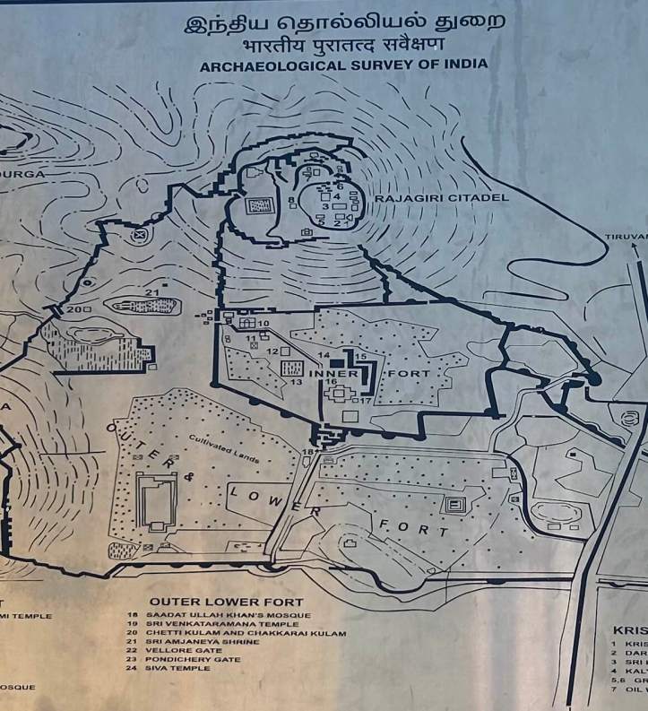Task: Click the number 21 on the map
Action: (151, 293)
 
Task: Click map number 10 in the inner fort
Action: (264, 323)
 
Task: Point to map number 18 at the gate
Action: (307, 451)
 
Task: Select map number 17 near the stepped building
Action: (365, 401)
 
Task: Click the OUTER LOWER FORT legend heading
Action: (226, 602)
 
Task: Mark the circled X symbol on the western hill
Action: (139, 236)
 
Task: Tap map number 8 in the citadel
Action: (292, 199)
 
